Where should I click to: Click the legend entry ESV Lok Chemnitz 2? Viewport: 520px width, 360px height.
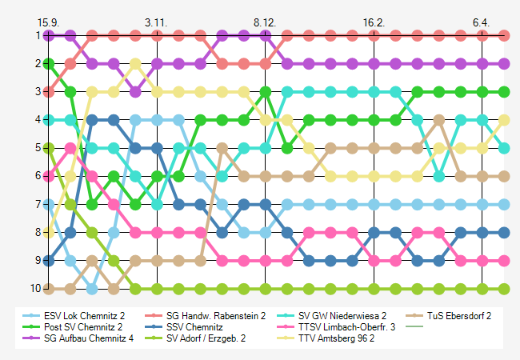(x=84, y=316)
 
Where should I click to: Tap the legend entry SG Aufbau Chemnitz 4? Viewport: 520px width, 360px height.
(x=87, y=338)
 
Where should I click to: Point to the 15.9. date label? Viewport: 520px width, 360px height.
(x=50, y=22)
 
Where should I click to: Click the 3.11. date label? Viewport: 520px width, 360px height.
(x=157, y=22)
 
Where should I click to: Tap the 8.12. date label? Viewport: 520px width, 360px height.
(x=265, y=22)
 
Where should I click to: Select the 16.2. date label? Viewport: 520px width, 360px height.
(x=373, y=22)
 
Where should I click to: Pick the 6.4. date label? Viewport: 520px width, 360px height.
(x=481, y=22)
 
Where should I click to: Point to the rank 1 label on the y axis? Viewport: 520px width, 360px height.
(x=38, y=35)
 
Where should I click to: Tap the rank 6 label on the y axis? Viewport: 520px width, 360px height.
(x=38, y=176)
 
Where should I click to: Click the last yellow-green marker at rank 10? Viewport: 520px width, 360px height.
(x=504, y=288)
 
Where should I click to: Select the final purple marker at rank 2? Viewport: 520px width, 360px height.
(x=504, y=63)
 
